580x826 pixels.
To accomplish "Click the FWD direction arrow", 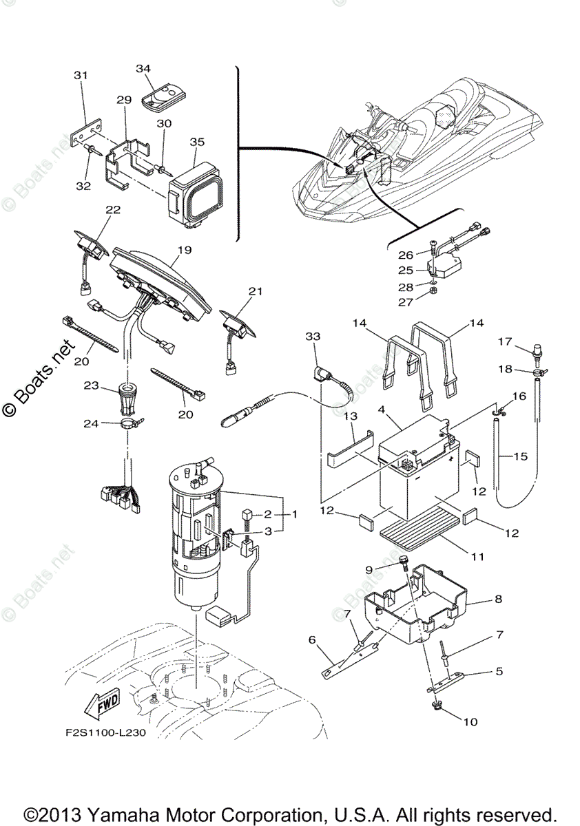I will (100, 705).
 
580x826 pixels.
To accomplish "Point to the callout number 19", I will (185, 251).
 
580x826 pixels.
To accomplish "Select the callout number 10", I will (470, 722).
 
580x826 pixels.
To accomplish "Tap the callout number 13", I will (350, 417).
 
